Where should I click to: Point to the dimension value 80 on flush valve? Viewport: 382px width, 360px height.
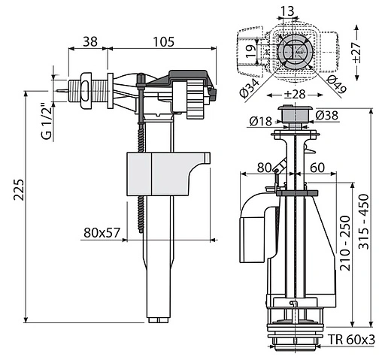[264, 166]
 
